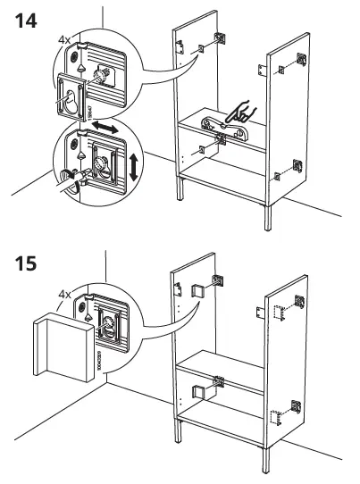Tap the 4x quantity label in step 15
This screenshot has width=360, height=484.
pyautogui.click(x=64, y=292)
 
